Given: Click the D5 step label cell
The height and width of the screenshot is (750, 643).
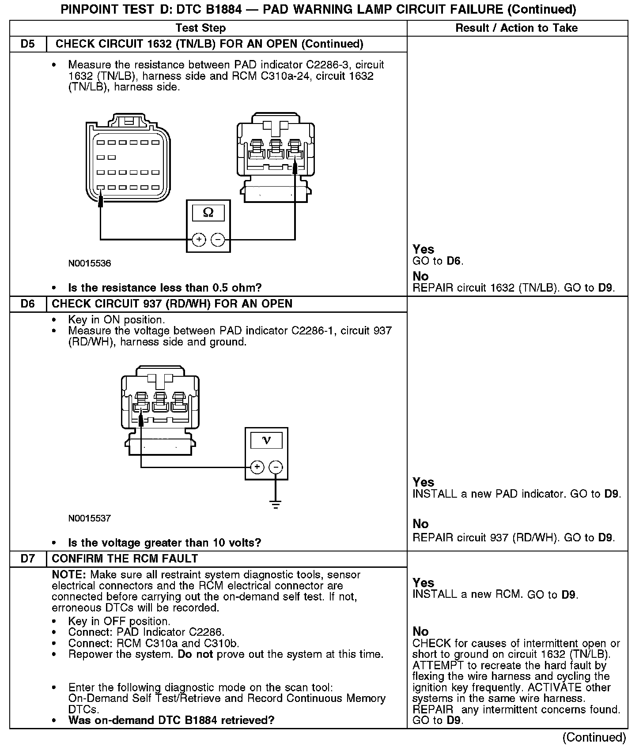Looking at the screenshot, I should point(27,44).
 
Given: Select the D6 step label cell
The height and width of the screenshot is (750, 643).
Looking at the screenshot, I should point(27,304).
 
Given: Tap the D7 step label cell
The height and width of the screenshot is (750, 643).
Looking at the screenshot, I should point(27,559).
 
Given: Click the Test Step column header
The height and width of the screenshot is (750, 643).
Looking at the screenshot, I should point(200,28).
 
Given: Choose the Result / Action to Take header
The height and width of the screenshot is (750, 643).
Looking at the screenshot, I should point(516,28).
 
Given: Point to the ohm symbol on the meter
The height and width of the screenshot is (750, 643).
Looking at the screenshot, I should point(208,213).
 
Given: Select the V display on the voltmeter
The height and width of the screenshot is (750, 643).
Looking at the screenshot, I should point(266,440).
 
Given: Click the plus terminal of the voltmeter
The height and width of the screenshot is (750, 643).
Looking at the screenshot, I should point(257,467).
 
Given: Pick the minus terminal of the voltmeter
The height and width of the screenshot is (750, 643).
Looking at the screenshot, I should point(276,467).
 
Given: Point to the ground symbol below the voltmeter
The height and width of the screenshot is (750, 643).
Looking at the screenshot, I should point(276,505).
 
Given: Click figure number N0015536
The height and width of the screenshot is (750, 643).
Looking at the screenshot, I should point(90,263).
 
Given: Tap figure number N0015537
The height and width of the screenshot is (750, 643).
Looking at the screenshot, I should point(90,518).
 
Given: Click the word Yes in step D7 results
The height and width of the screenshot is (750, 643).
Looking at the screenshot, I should point(423,583).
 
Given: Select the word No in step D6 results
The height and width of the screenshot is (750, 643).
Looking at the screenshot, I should point(420,524).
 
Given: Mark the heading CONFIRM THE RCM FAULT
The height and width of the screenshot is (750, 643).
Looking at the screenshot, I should point(125,559).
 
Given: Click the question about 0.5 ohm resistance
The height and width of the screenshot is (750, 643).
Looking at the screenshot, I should point(165,288).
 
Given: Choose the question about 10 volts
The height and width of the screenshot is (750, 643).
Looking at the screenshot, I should point(165,543).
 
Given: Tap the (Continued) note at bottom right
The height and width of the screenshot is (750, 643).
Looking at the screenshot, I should point(594,737).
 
